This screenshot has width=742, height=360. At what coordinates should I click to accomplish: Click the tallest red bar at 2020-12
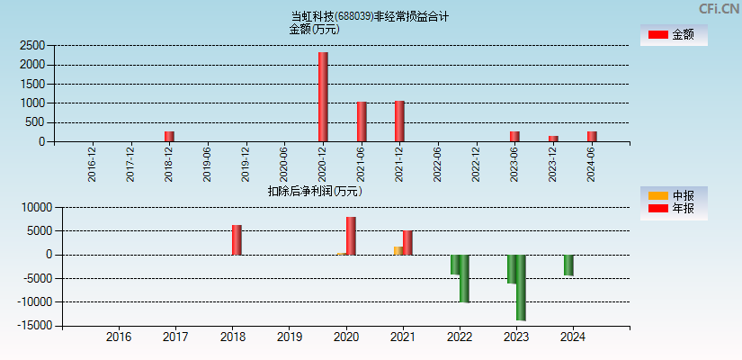323,96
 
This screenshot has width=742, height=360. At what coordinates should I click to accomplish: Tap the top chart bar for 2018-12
169,137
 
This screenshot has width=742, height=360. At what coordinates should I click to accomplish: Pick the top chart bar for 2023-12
553,139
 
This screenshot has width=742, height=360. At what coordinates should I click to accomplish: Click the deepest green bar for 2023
521,287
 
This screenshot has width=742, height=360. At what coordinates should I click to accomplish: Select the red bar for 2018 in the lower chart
237,239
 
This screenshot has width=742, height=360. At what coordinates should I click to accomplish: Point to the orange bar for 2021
398,250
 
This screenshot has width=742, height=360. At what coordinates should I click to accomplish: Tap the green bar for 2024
568,265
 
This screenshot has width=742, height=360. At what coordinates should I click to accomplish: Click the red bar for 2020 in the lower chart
351,236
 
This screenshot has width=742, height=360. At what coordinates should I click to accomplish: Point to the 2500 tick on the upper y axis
32,45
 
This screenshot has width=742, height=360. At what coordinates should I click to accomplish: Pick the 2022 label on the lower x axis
459,337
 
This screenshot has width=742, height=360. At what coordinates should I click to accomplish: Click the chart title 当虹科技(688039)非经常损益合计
370,16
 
